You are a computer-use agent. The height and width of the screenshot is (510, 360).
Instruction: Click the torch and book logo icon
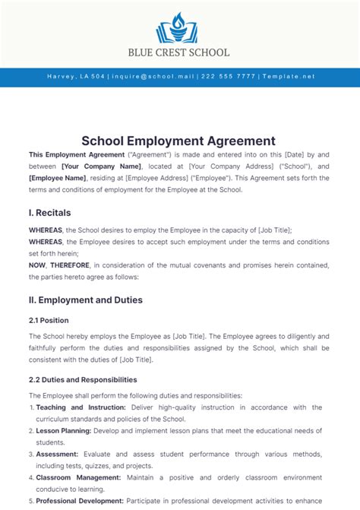pos(180,28)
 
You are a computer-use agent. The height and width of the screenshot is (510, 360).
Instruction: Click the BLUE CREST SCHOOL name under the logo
pos(180,52)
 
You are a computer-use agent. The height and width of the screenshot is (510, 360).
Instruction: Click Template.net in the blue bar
pos(288,77)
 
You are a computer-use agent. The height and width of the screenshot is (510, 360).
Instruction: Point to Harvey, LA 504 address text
pos(76,77)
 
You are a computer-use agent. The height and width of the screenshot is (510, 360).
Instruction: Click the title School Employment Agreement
pos(179,141)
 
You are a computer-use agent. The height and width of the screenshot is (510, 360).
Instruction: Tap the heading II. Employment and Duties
pos(85,299)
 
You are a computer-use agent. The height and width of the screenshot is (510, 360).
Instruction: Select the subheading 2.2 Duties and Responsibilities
pos(83,379)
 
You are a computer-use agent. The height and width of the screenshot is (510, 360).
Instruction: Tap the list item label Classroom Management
pos(78,478)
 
